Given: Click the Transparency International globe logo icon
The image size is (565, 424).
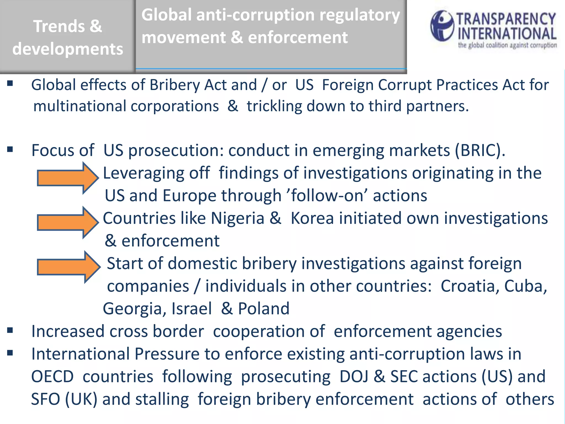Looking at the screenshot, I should [x=442, y=26].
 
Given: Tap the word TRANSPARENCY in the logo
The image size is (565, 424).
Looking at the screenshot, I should [x=506, y=19].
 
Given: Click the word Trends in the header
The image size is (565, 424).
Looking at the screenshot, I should [x=59, y=26].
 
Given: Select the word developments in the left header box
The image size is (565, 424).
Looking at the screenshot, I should [x=68, y=49].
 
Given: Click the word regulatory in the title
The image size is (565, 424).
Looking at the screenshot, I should [x=359, y=15].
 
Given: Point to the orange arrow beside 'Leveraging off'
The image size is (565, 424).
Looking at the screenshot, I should [x=68, y=178].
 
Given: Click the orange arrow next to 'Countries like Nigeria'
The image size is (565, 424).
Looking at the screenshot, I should [x=68, y=222].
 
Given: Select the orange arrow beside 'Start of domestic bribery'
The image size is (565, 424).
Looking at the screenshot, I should [x=68, y=267].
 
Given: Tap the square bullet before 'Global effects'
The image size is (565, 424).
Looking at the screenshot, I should [x=10, y=83].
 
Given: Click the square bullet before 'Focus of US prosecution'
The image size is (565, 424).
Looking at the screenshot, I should [x=10, y=149].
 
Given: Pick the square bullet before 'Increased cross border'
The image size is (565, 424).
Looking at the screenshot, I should [x=10, y=330].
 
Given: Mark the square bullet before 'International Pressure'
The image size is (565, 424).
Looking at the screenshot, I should [x=10, y=353].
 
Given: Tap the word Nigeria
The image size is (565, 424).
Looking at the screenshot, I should [x=238, y=218].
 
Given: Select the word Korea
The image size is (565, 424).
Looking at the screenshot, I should [x=312, y=218].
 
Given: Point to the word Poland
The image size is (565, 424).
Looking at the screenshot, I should [x=263, y=309].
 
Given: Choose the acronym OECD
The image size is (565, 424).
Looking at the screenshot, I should [x=52, y=377].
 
